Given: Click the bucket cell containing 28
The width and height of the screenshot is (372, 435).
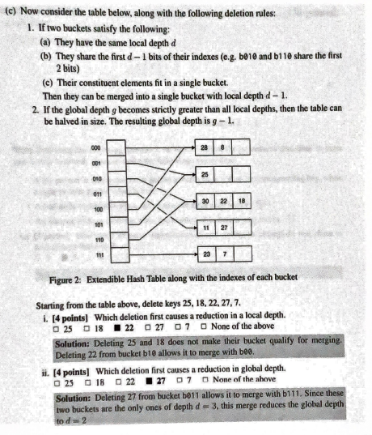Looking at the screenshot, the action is (206, 148).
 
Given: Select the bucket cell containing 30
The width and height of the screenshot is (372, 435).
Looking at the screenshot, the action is (206, 201).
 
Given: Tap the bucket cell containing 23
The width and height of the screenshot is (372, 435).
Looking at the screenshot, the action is (206, 254).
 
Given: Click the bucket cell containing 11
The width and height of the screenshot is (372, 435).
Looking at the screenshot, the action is (206, 228).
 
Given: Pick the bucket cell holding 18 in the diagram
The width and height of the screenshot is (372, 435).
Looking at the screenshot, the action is (241, 201).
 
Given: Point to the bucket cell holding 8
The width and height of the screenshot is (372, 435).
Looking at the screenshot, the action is (224, 148).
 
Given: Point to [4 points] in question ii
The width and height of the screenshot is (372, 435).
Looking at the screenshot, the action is (69, 369).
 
